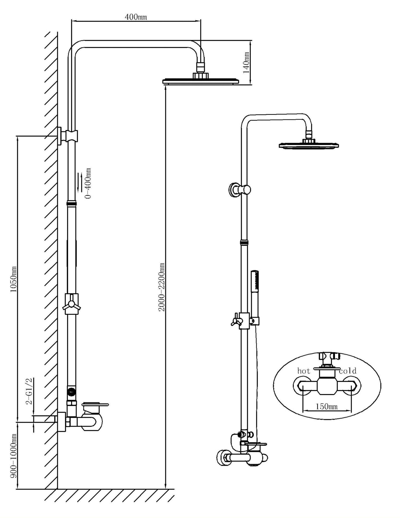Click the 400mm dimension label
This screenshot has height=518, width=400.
(x=136, y=17)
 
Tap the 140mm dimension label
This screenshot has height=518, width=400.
(x=246, y=63)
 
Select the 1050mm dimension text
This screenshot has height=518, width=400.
(x=13, y=279)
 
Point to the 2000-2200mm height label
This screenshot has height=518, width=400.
(x=161, y=287)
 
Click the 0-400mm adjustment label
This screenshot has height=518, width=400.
(x=88, y=183)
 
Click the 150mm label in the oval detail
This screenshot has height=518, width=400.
(x=327, y=406)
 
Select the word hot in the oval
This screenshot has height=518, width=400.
(x=304, y=371)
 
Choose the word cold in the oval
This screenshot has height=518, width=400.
(x=348, y=371)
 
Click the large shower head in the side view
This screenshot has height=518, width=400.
(x=201, y=81)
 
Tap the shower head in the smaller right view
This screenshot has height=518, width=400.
(x=309, y=145)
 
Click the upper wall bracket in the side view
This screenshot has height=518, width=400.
(x=68, y=136)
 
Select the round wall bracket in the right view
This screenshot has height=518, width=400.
(x=234, y=190)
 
